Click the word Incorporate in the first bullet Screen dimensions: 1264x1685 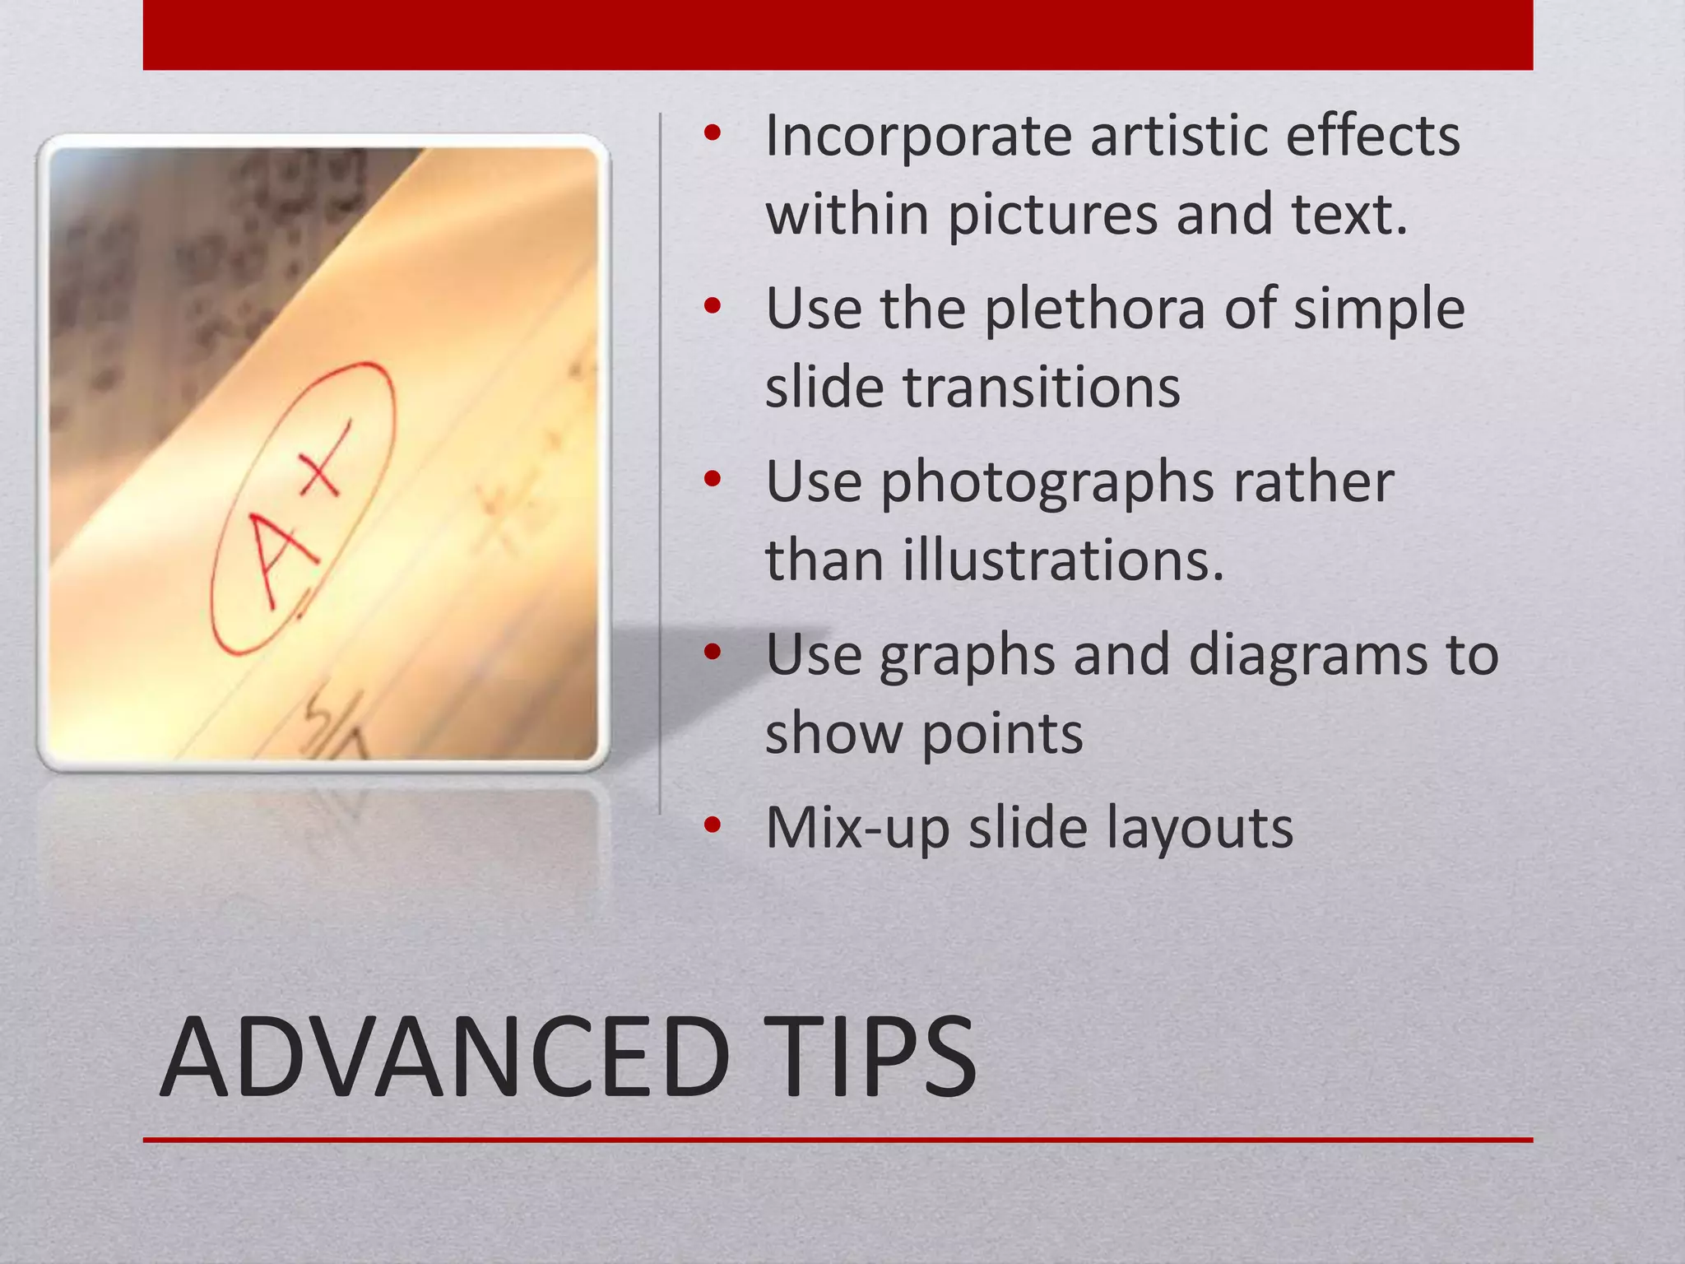[x=918, y=136]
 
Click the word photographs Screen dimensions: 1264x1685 [x=1047, y=484]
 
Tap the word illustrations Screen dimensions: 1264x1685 [x=1063, y=560]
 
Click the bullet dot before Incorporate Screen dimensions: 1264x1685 [x=713, y=133]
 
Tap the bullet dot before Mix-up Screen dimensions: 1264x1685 [x=713, y=825]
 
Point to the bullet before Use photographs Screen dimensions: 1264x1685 [x=713, y=479]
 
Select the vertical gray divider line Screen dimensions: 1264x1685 [x=660, y=461]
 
